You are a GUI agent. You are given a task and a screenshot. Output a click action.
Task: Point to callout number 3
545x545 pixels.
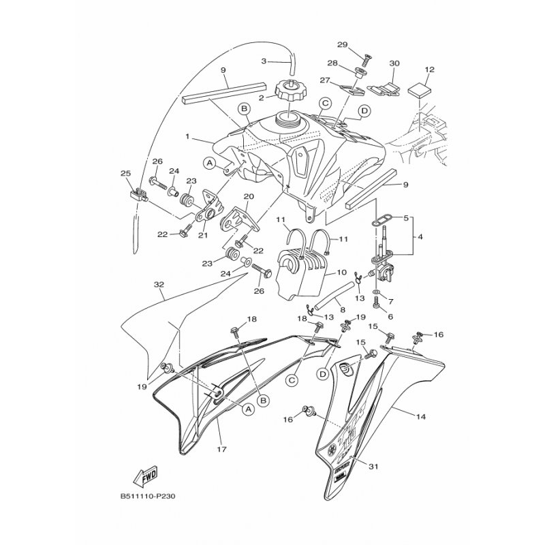[265, 61]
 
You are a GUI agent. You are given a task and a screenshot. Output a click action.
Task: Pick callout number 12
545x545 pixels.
[429, 69]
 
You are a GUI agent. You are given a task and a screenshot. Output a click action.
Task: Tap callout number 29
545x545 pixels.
[342, 45]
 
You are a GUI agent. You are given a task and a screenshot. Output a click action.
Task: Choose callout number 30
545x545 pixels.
[394, 63]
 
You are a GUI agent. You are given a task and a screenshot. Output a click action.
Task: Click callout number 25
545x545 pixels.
[125, 174]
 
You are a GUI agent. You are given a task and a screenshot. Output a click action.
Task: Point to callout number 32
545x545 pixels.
[158, 284]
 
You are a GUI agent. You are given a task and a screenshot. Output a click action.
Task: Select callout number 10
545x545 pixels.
[341, 272]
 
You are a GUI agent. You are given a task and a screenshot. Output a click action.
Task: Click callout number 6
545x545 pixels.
[391, 316]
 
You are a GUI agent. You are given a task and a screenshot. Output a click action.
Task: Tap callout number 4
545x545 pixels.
[420, 237]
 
